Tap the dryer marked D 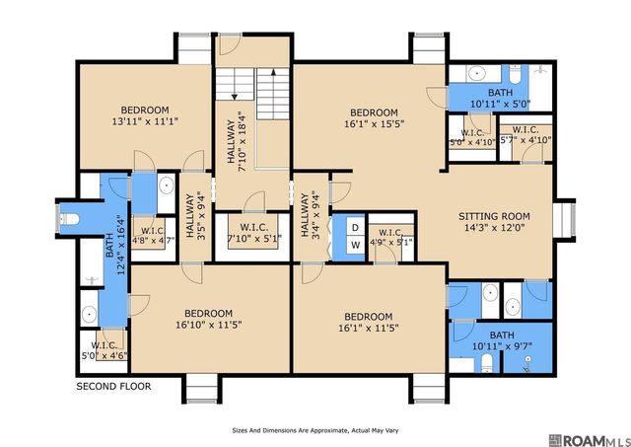coord(355,228)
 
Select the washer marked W coord(355,245)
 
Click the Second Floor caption coord(114,387)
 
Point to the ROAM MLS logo coord(589,440)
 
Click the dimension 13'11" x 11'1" coord(145,120)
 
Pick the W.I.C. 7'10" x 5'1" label coord(254,233)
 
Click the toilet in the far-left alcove coord(69,219)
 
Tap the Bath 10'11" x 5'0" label coord(501,99)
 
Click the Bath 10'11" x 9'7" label coord(502,340)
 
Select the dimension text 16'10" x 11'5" coord(209,325)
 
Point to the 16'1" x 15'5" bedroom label coord(374,118)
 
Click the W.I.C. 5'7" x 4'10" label coord(526,135)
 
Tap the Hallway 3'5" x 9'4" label coord(196,217)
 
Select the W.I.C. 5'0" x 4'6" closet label coord(104,350)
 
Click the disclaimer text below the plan coord(315,430)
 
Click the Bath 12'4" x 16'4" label coord(114,245)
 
